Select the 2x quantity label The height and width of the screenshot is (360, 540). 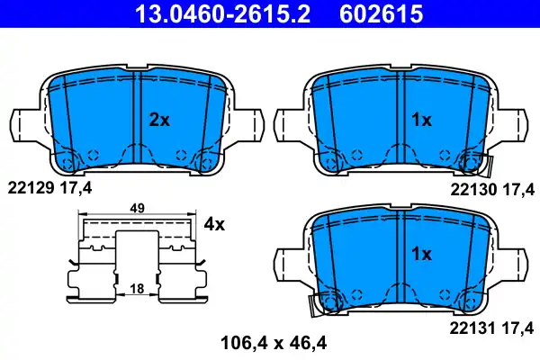pyautogui.click(x=158, y=120)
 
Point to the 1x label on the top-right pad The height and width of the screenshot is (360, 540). pyautogui.click(x=421, y=120)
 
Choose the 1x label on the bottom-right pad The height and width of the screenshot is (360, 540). pyautogui.click(x=421, y=255)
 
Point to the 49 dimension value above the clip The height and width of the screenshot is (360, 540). pyautogui.click(x=138, y=208)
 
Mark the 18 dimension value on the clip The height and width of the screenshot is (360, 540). pyautogui.click(x=138, y=289)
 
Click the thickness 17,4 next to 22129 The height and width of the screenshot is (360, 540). pyautogui.click(x=75, y=188)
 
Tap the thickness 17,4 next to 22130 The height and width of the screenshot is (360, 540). pyautogui.click(x=519, y=189)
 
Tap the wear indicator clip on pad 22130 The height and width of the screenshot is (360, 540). pyautogui.click(x=477, y=164)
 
